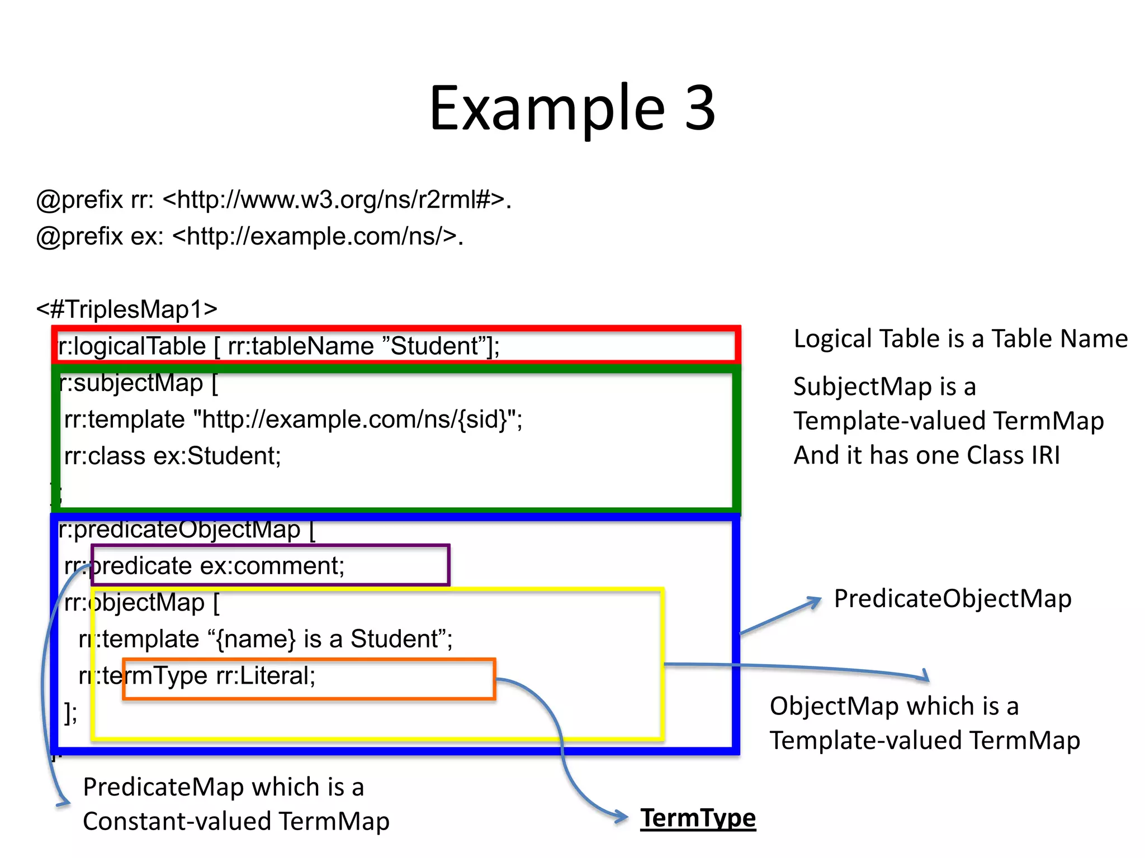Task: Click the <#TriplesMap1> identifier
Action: coord(127,309)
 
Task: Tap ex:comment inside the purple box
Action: coord(272,566)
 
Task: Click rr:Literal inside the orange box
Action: coord(266,676)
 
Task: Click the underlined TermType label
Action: coord(698,818)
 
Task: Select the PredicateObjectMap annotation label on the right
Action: coord(952,599)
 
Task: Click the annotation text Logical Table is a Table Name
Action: coord(960,339)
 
